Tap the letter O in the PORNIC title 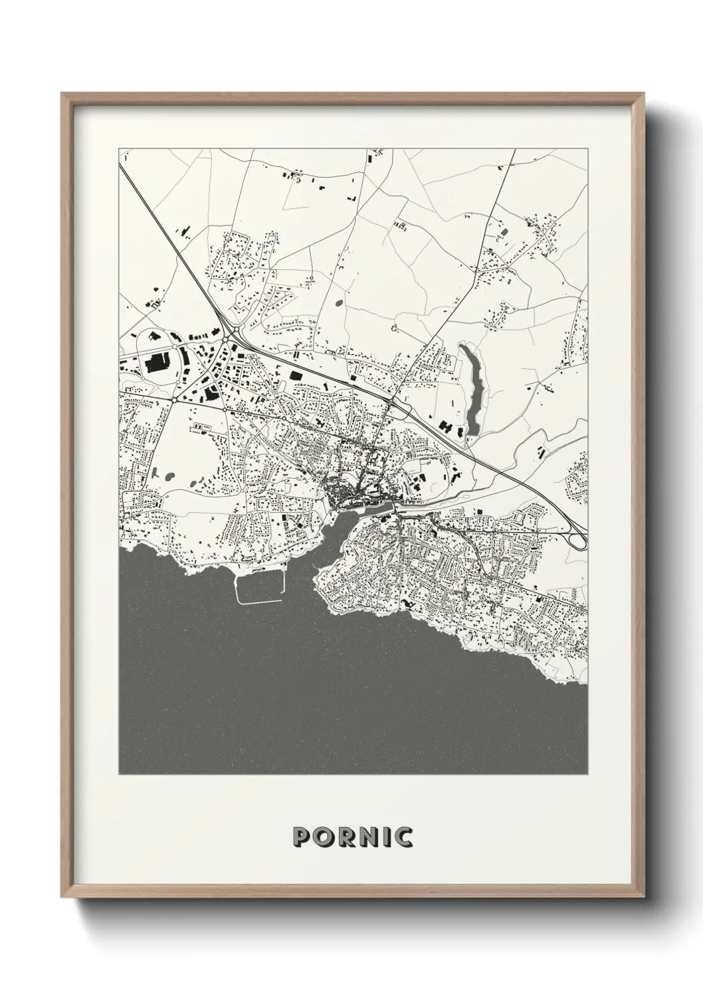(x=325, y=837)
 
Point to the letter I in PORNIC (x=388, y=837)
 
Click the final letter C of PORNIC (x=403, y=837)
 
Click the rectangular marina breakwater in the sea (x=260, y=588)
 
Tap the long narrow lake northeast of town (x=471, y=392)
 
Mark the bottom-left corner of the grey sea (x=120, y=773)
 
